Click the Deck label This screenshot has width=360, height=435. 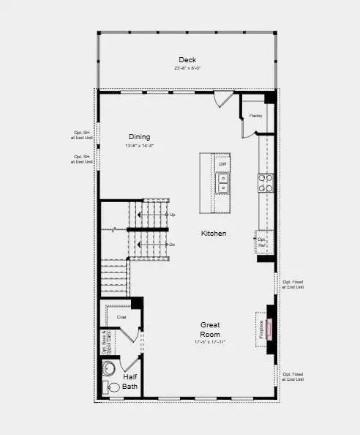tap(187, 59)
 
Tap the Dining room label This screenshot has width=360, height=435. tap(139, 136)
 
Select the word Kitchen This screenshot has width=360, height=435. tap(214, 234)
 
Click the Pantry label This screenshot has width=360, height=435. tap(255, 116)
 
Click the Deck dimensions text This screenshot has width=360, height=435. tap(187, 68)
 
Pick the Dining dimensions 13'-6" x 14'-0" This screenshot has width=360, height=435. tap(139, 146)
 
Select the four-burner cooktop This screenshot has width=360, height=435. tap(265, 182)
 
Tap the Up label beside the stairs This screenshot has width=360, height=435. tap(172, 215)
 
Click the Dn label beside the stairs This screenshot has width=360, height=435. tap(172, 244)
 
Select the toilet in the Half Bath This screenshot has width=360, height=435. tap(113, 387)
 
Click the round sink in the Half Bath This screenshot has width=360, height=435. tap(109, 368)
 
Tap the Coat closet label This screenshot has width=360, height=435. tap(121, 317)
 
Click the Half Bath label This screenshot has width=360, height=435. tap(130, 382)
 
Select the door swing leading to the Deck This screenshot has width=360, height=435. tap(224, 100)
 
